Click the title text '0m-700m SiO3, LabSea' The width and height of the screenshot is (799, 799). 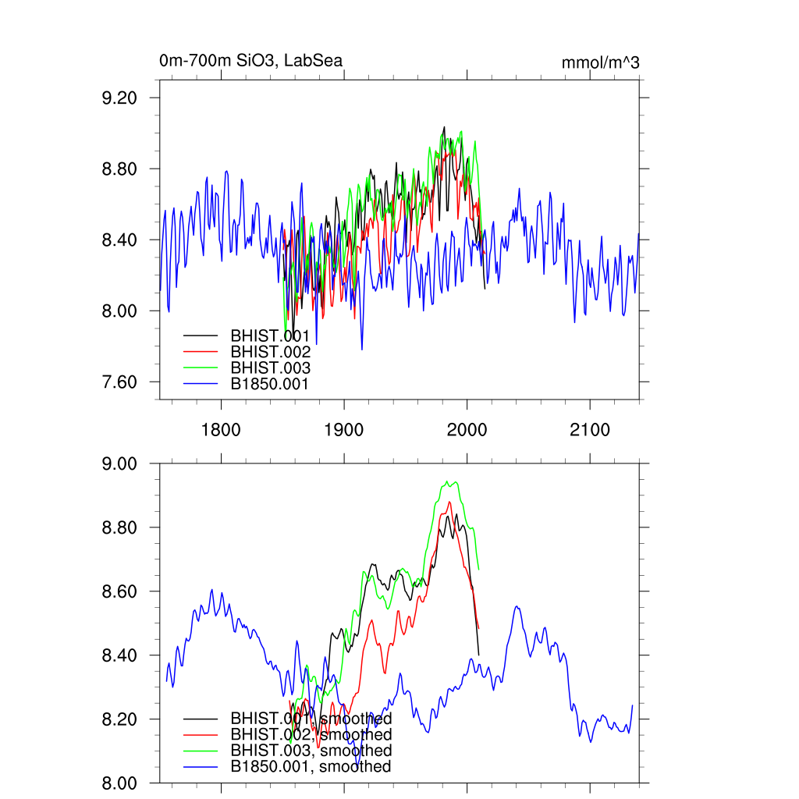tap(250, 61)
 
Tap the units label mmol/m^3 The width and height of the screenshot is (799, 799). tap(600, 63)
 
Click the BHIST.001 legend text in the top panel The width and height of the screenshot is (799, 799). tap(270, 336)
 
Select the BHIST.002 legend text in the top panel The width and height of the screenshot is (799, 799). tap(270, 352)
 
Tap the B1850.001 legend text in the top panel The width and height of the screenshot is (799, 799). tap(270, 384)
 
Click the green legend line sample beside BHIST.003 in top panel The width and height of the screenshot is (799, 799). tap(200, 368)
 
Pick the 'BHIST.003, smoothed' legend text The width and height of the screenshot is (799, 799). tap(311, 751)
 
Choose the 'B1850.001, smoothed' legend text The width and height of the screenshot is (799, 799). tap(311, 767)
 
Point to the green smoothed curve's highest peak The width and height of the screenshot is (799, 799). tap(447, 481)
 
